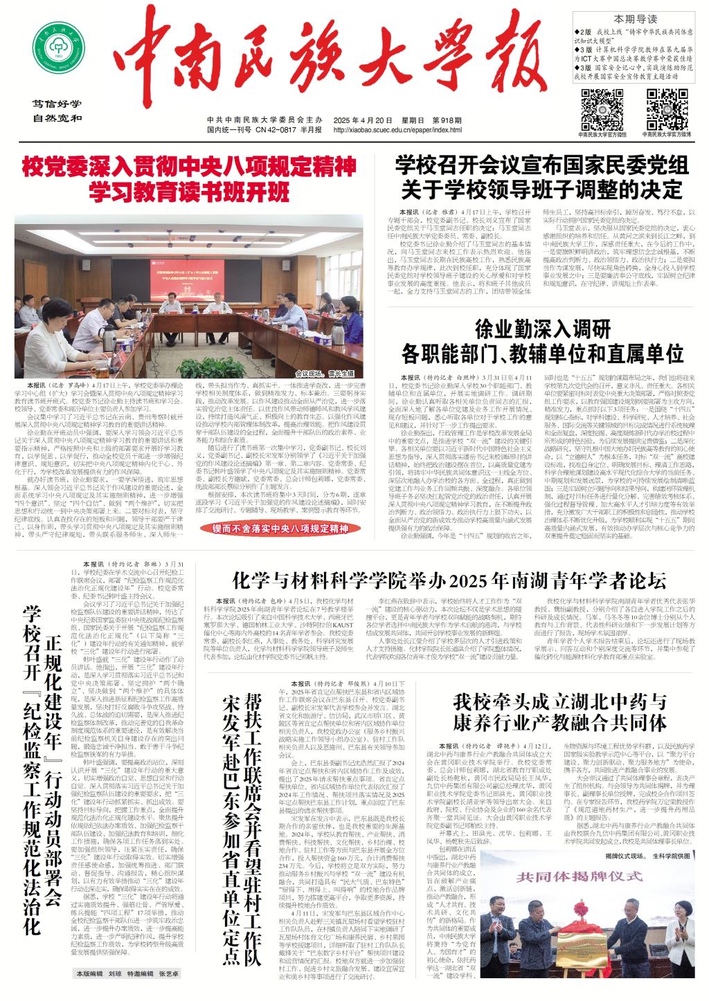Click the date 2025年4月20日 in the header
(x=356, y=118)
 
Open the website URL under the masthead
(x=397, y=129)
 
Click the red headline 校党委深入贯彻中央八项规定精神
(x=189, y=167)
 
